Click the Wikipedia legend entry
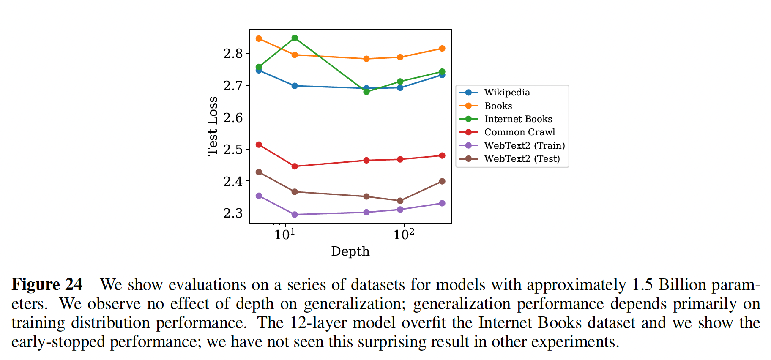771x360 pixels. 507,93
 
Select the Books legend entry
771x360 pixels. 498,106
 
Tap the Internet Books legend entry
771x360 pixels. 518,119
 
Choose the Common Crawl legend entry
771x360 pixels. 519,132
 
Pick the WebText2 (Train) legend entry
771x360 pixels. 524,146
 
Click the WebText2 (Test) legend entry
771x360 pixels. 522,159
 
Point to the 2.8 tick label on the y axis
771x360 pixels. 233,54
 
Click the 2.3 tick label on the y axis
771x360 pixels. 233,213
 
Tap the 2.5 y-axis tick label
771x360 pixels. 233,150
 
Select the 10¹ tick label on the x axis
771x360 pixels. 284,234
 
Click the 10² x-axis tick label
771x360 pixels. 404,234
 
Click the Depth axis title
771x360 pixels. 350,251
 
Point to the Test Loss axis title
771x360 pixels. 213,126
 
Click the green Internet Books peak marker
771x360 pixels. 295,38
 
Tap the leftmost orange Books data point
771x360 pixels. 259,39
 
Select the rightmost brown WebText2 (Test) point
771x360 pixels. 442,181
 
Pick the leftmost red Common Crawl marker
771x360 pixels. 259,145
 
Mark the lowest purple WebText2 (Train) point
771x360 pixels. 295,215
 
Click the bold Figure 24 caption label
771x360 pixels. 47,284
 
